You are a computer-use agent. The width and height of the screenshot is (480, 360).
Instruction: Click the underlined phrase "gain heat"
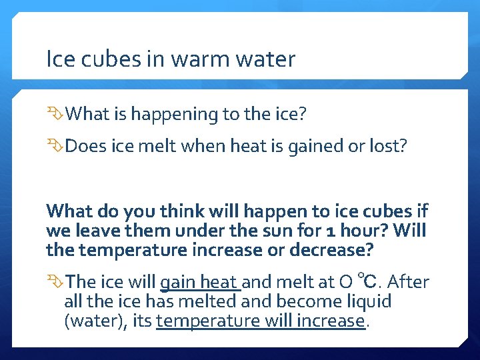pos(199,282)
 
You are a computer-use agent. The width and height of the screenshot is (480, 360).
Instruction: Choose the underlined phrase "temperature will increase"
pos(260,321)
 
